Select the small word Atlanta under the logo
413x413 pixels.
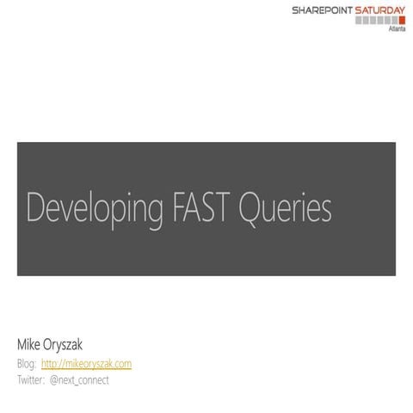click(398, 28)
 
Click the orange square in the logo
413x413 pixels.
click(401, 19)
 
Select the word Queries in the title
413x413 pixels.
click(285, 208)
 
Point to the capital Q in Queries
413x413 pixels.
click(252, 207)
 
